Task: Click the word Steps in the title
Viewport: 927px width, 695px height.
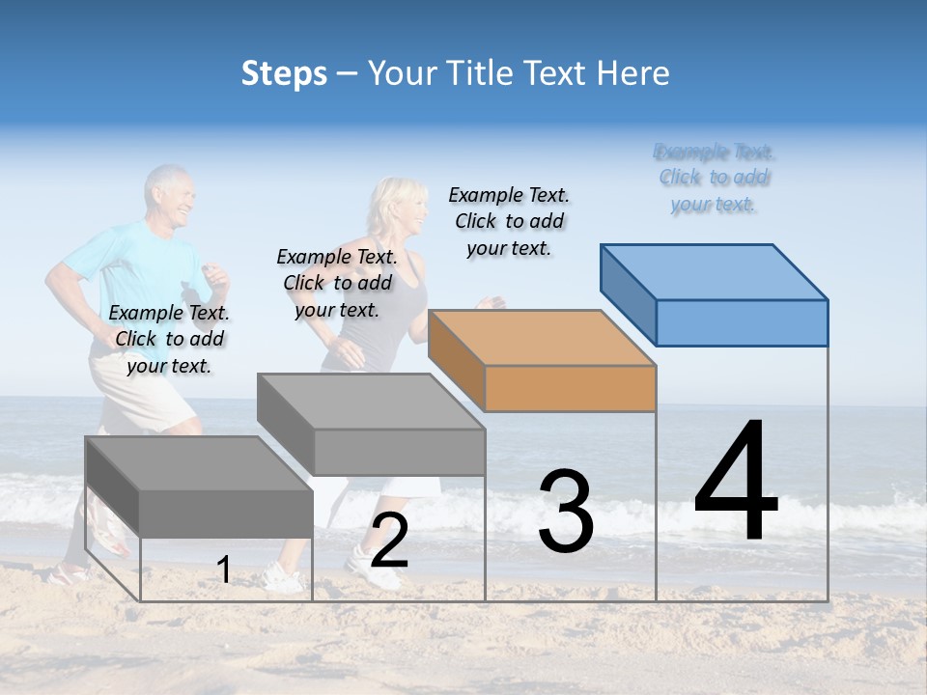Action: [x=284, y=73]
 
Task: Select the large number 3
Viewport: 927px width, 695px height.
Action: [x=566, y=512]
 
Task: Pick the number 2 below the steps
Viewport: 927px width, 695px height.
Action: [x=389, y=542]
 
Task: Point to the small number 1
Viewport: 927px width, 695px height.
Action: [x=224, y=570]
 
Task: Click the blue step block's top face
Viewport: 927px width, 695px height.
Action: [x=715, y=271]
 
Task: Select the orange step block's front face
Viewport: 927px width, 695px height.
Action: [x=570, y=389]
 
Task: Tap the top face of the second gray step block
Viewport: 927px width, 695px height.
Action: [x=371, y=401]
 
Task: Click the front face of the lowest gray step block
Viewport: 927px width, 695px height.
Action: [x=226, y=513]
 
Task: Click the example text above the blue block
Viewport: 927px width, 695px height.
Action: [x=715, y=178]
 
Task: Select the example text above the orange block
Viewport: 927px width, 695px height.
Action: [x=509, y=221]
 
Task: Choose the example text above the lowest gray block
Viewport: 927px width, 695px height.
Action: [x=169, y=339]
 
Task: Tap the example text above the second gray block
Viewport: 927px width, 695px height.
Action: [x=337, y=283]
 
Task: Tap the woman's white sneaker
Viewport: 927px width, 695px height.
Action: [x=280, y=577]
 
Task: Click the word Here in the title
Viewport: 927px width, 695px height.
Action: [x=635, y=73]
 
